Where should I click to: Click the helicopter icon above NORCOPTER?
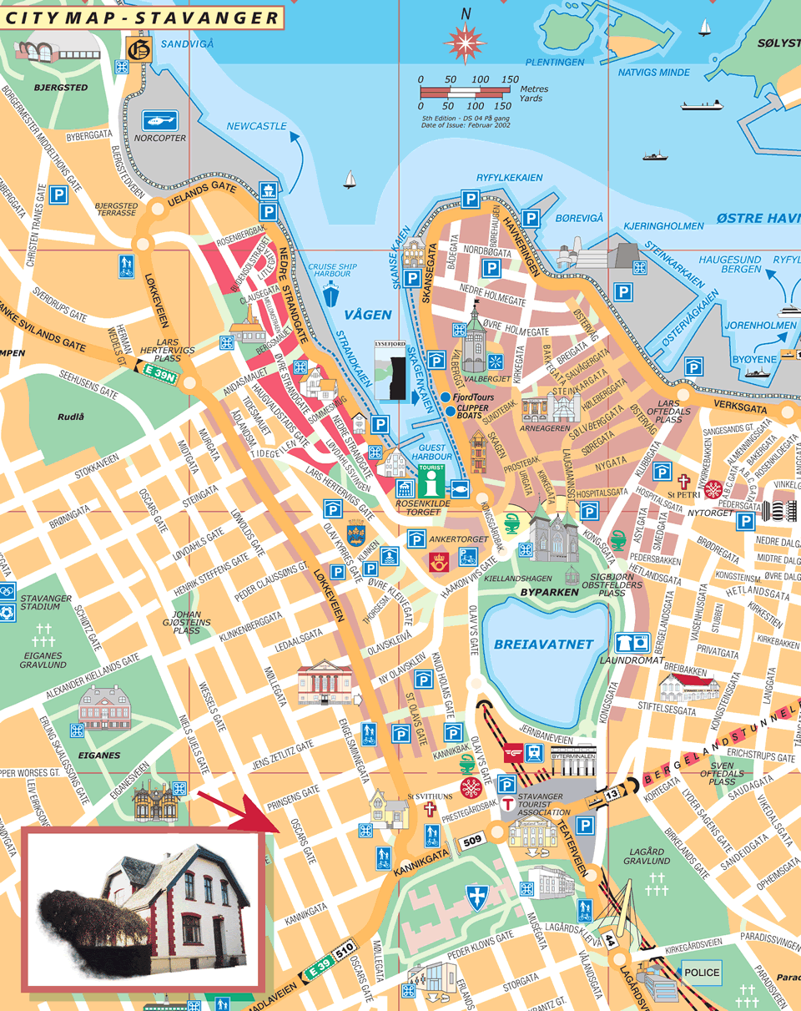coord(159,119)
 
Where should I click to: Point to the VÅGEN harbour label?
coord(367,314)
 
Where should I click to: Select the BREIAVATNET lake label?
coord(543,644)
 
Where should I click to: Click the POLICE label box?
coord(701,973)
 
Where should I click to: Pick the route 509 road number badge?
coord(472,841)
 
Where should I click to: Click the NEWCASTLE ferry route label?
coord(256,126)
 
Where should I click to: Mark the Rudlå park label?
coord(71,417)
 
